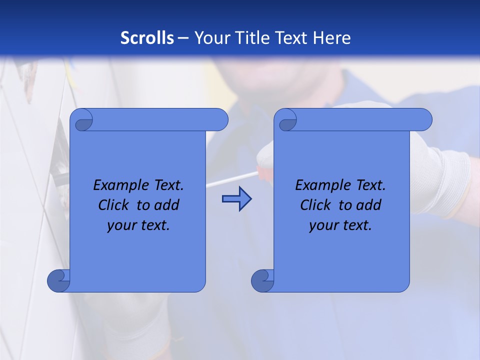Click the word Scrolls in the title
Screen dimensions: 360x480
coord(147,38)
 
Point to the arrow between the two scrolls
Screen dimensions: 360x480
coord(236,199)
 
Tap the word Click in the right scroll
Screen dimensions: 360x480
coord(315,205)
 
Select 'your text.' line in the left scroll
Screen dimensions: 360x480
coord(138,225)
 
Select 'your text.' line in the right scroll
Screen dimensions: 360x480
coord(340,225)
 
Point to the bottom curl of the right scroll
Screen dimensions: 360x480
coord(262,280)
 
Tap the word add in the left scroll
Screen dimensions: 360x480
coord(167,205)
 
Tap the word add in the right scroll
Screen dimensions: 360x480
coord(369,205)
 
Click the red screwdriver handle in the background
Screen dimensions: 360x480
coord(264,170)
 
